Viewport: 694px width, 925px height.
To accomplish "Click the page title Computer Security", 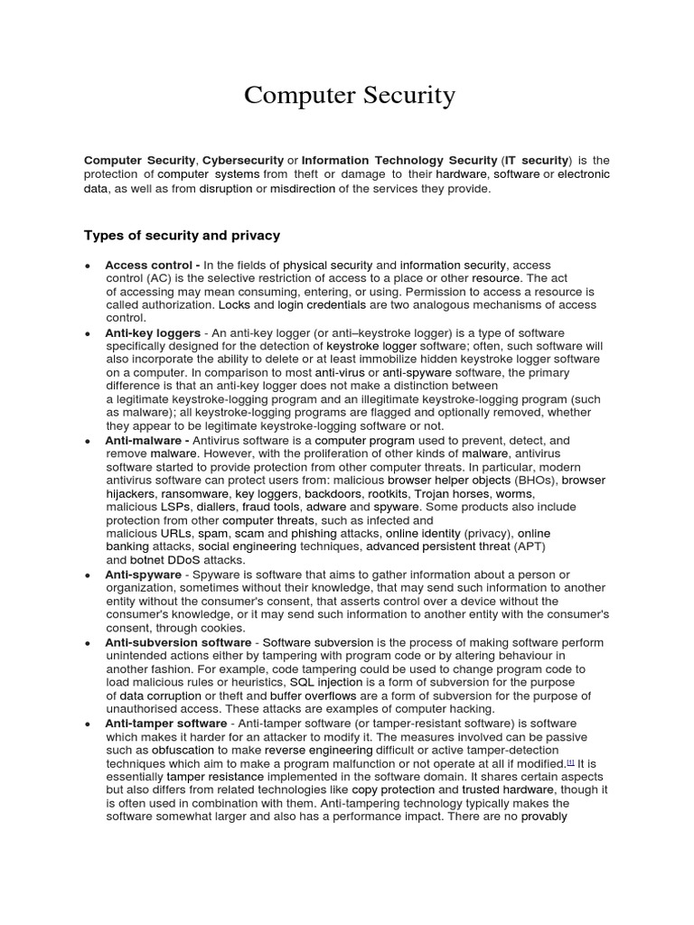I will [350, 95].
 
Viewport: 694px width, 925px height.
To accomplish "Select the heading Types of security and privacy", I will [182, 235].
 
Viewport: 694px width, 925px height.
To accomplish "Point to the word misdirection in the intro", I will [302, 188].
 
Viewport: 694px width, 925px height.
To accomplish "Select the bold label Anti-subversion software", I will [178, 642].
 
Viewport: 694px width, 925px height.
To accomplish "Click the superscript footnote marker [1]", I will [570, 761].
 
